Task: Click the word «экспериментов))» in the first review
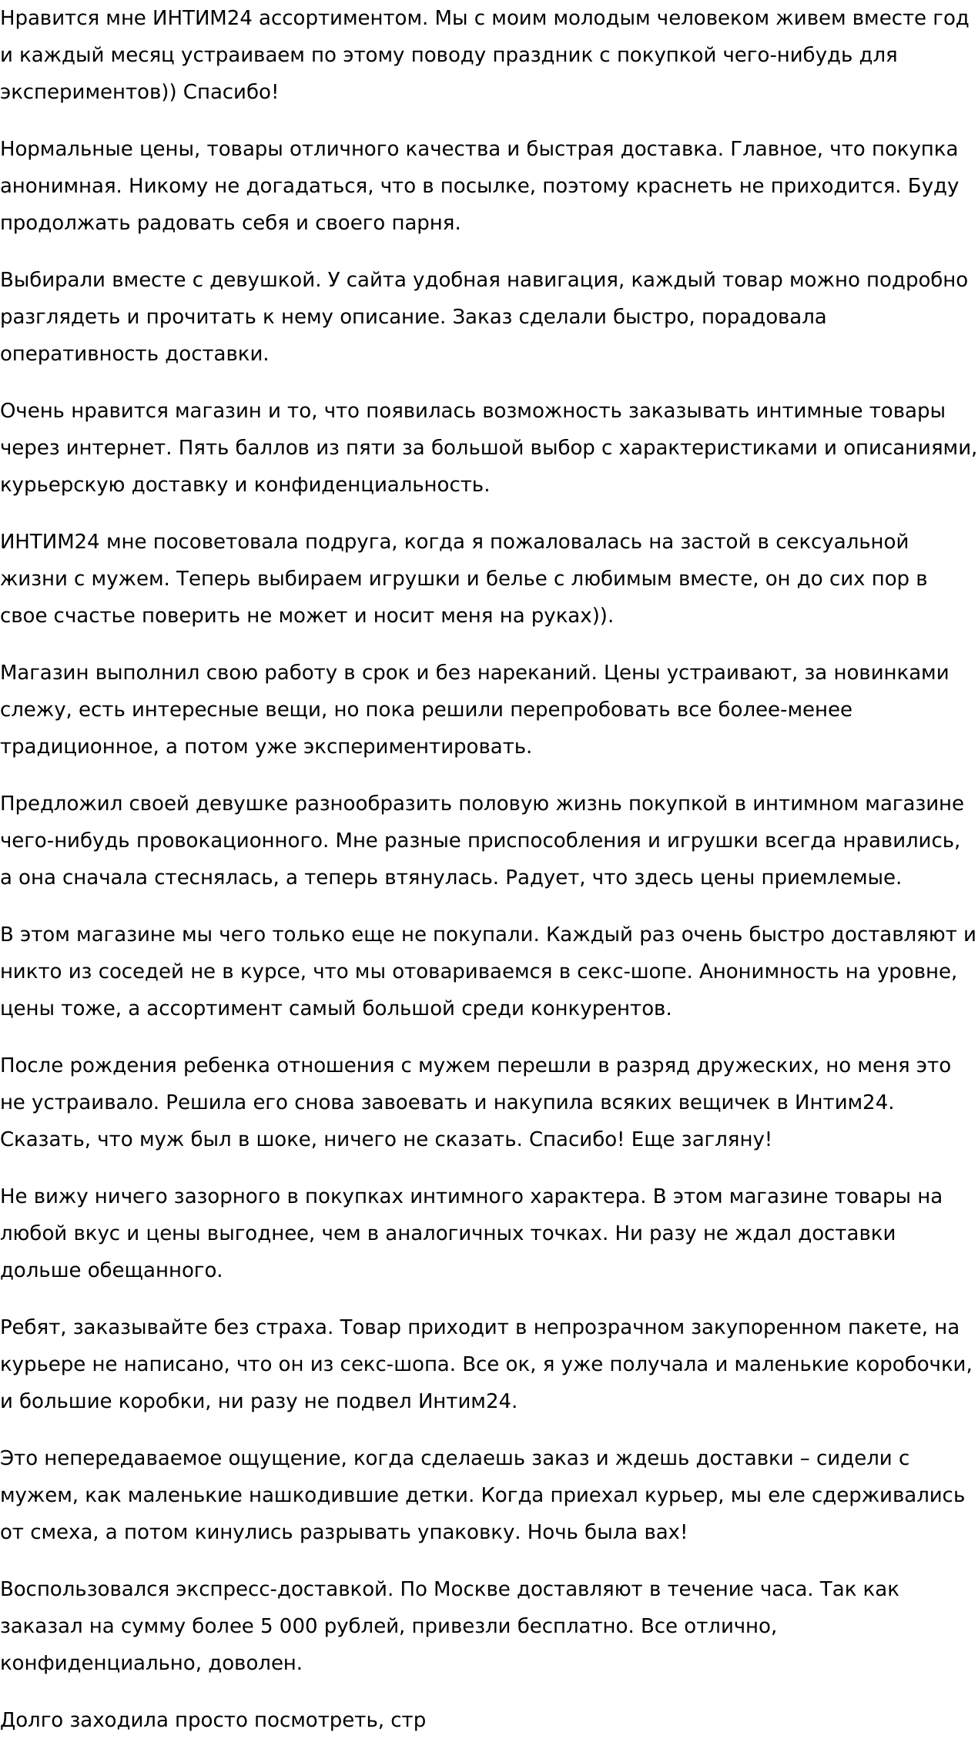pos(88,92)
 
